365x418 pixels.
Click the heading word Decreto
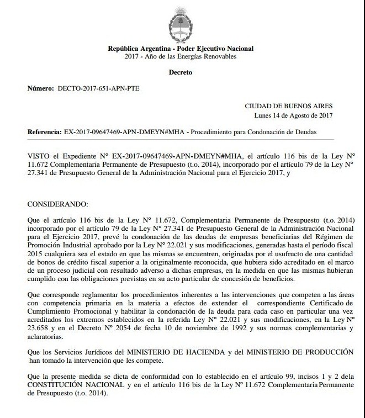[x=182, y=72]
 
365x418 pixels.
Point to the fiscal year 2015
[x=36, y=248]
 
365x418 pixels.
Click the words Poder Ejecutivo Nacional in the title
[x=219, y=48]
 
